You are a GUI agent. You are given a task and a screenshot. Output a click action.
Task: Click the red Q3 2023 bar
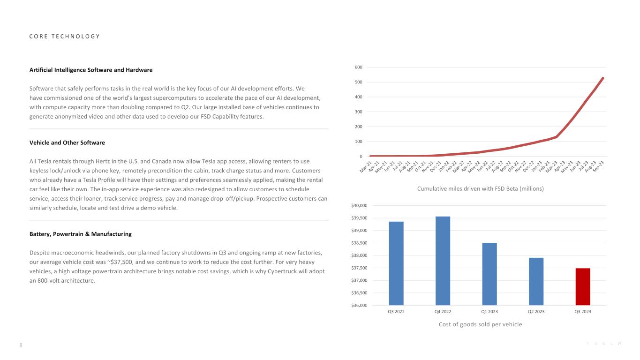pos(583,286)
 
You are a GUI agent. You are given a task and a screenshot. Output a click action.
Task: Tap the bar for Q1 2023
pos(489,274)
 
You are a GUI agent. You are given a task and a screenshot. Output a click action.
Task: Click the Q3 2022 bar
pos(396,263)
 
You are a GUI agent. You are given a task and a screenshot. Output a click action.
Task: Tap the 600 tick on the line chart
pos(358,67)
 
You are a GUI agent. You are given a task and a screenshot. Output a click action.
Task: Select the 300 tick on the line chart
pos(358,112)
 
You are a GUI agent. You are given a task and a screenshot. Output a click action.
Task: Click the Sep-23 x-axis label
pos(598,166)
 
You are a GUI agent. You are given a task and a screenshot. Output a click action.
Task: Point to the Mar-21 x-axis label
pos(365,166)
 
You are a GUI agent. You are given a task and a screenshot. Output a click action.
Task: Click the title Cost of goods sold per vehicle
pos(480,324)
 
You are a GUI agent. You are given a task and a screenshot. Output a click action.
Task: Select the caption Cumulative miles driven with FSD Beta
pos(480,188)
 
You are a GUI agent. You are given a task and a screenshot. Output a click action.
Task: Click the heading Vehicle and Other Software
pos(67,142)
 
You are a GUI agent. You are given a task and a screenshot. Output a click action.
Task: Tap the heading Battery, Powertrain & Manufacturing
pos(80,234)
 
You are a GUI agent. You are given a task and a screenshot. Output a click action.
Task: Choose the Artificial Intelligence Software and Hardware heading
pos(91,70)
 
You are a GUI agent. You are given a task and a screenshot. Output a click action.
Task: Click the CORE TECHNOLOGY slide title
pos(64,37)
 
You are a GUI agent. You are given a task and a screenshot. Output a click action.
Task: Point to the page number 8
pos(21,345)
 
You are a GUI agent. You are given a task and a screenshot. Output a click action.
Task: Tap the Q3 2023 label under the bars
pos(583,312)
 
